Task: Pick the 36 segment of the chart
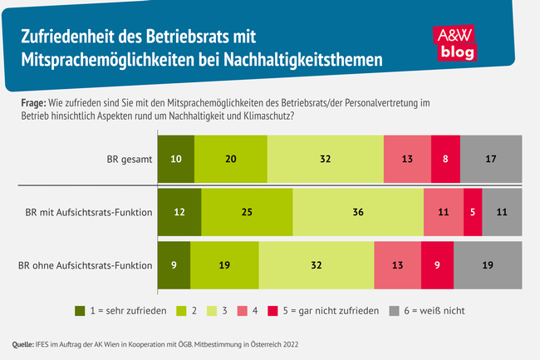[358, 213]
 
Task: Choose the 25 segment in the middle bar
[247, 213]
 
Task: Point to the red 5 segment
[473, 213]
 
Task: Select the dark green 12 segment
[179, 213]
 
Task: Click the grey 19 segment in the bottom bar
[488, 266]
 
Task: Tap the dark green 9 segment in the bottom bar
[174, 266]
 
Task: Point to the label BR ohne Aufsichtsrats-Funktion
[86, 267]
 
